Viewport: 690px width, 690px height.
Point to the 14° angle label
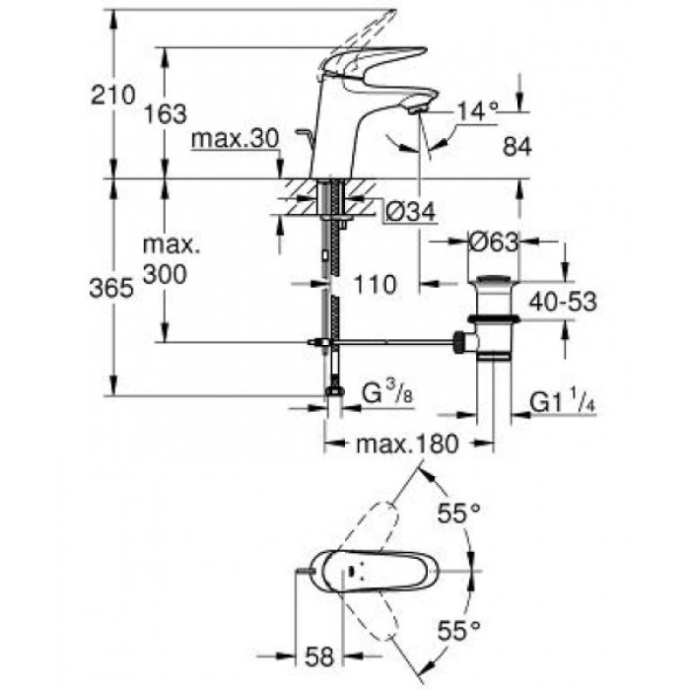476,111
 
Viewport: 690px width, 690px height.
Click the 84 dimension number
517,147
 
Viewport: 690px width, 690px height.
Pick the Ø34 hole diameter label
407,209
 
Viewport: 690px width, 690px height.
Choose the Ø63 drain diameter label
490,241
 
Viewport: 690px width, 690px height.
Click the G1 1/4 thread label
563,402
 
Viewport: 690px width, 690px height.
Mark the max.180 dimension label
408,444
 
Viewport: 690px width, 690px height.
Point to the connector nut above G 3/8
335,391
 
